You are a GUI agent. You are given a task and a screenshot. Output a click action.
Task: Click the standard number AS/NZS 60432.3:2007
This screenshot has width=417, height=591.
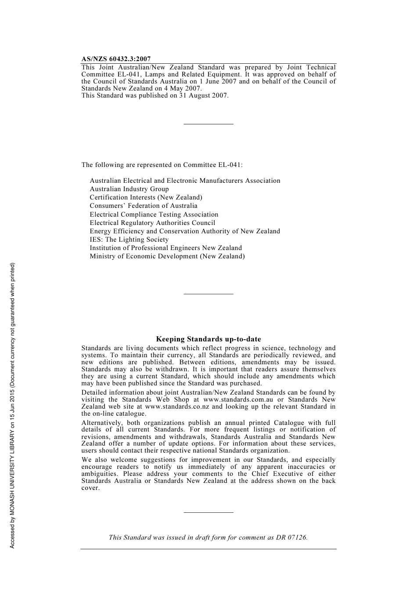point(116,59)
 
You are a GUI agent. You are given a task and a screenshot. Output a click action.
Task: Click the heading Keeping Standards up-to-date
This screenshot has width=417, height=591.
point(208,339)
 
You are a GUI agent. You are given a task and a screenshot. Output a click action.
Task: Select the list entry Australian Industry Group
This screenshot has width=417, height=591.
point(129,189)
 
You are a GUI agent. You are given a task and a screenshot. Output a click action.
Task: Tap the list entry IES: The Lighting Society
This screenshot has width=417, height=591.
point(129,239)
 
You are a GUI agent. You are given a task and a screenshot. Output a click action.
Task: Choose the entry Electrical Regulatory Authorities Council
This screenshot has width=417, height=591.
point(152,223)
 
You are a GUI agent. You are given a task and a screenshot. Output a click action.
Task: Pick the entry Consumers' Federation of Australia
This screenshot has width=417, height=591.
point(144,206)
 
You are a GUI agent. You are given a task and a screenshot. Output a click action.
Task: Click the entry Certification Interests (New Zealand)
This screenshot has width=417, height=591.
point(146,197)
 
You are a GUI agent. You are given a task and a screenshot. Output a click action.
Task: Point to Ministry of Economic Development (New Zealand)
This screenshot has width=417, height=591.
point(167,256)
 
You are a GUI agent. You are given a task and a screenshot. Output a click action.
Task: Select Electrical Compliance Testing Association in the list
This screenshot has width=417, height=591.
point(154,214)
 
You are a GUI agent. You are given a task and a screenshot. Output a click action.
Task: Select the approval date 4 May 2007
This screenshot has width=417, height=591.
point(183,88)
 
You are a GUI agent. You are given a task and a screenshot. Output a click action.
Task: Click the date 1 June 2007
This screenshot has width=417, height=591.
point(218,81)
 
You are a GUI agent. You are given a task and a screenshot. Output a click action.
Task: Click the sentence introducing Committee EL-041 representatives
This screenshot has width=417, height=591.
point(162,165)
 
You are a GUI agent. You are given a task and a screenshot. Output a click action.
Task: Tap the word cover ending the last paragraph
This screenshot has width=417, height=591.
point(90,488)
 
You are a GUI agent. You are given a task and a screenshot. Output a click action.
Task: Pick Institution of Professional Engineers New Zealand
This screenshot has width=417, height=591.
point(165,248)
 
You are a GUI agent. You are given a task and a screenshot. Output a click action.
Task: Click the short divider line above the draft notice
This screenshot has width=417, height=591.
point(208,512)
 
